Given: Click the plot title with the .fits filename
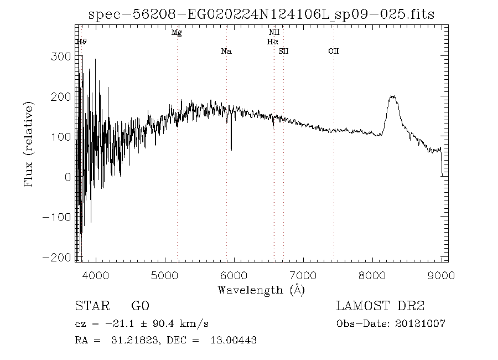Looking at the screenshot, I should click(x=262, y=15).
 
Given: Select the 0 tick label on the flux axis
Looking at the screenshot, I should click(x=68, y=177).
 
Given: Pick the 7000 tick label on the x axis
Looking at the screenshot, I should click(x=303, y=275).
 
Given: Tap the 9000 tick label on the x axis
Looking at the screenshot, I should click(x=441, y=275).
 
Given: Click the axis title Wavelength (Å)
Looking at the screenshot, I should click(x=261, y=290).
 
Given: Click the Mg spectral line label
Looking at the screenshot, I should click(x=177, y=33).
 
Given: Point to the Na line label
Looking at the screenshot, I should click(x=226, y=52).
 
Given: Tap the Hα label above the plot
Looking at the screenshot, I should click(x=272, y=42).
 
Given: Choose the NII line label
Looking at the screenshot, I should click(x=274, y=33).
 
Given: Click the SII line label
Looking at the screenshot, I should click(x=283, y=52).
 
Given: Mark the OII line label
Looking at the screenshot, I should click(x=333, y=52).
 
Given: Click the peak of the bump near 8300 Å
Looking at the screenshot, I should click(x=393, y=96).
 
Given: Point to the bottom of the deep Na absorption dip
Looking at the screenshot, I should click(x=231, y=150).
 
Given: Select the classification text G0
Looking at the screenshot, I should click(x=140, y=306).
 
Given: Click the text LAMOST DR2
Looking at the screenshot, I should click(x=380, y=306).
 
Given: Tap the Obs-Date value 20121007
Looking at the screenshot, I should click(x=420, y=323).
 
